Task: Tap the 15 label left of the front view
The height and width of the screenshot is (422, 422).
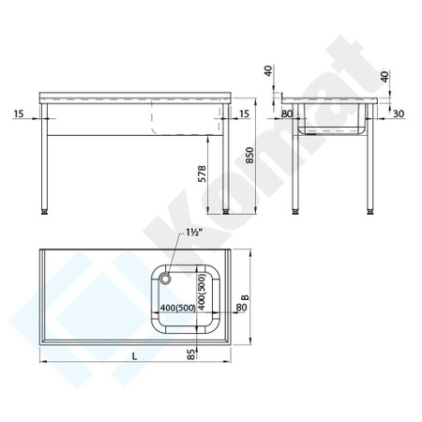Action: (x=20, y=113)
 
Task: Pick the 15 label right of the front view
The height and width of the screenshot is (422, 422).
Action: (x=245, y=113)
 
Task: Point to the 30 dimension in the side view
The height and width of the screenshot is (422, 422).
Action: (x=399, y=113)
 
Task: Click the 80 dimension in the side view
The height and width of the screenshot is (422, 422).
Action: (x=286, y=113)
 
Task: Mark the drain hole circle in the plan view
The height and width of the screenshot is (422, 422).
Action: (x=165, y=278)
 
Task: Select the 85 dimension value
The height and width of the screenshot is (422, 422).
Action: (x=191, y=354)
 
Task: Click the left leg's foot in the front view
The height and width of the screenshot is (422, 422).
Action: (x=49, y=213)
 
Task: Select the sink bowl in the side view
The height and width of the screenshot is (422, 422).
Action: (x=337, y=127)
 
